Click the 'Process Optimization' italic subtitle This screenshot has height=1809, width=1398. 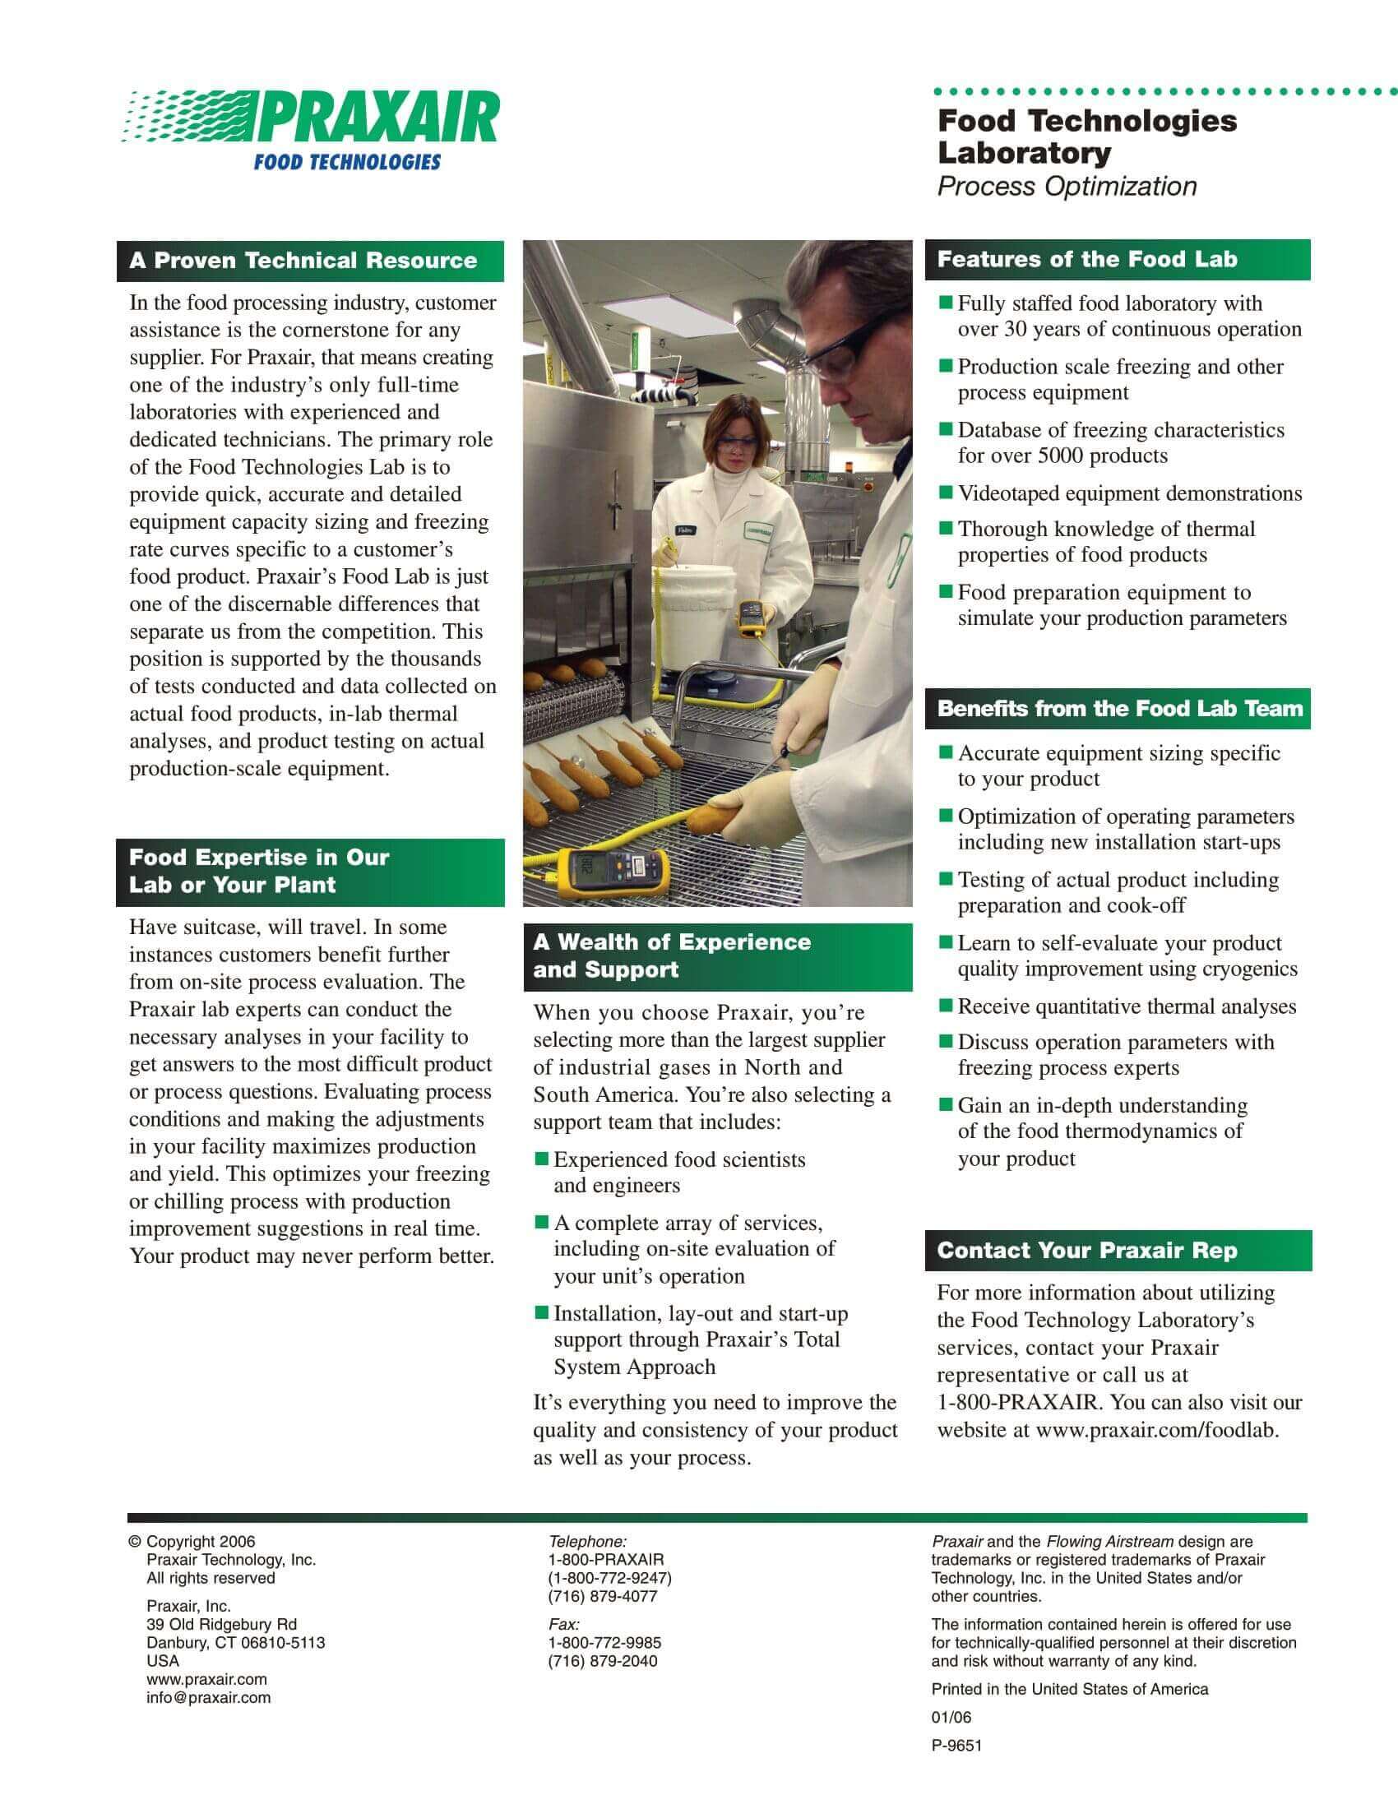1067,187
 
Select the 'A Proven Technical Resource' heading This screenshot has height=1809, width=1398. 303,261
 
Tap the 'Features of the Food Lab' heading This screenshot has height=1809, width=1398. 1086,260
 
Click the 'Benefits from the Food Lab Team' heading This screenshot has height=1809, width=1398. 1120,709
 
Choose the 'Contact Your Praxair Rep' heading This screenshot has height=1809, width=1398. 1086,1251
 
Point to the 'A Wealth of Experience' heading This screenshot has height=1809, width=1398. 672,942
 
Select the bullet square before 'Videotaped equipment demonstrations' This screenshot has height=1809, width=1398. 946,493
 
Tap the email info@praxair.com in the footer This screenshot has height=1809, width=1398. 209,1697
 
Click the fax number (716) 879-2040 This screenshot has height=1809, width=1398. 602,1661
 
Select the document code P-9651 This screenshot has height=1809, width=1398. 956,1745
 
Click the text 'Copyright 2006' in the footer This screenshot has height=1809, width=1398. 201,1542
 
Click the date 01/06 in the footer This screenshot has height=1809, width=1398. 951,1717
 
